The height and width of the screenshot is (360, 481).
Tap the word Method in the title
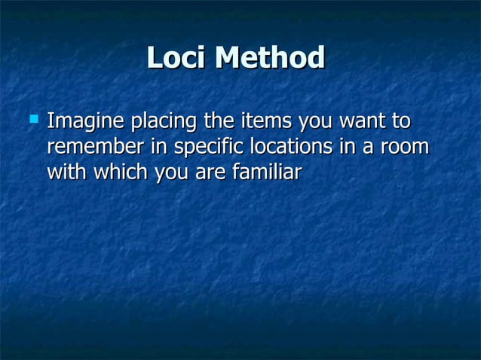pos(269,57)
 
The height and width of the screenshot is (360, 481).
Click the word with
pos(67,172)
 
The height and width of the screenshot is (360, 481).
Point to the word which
pos(121,172)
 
